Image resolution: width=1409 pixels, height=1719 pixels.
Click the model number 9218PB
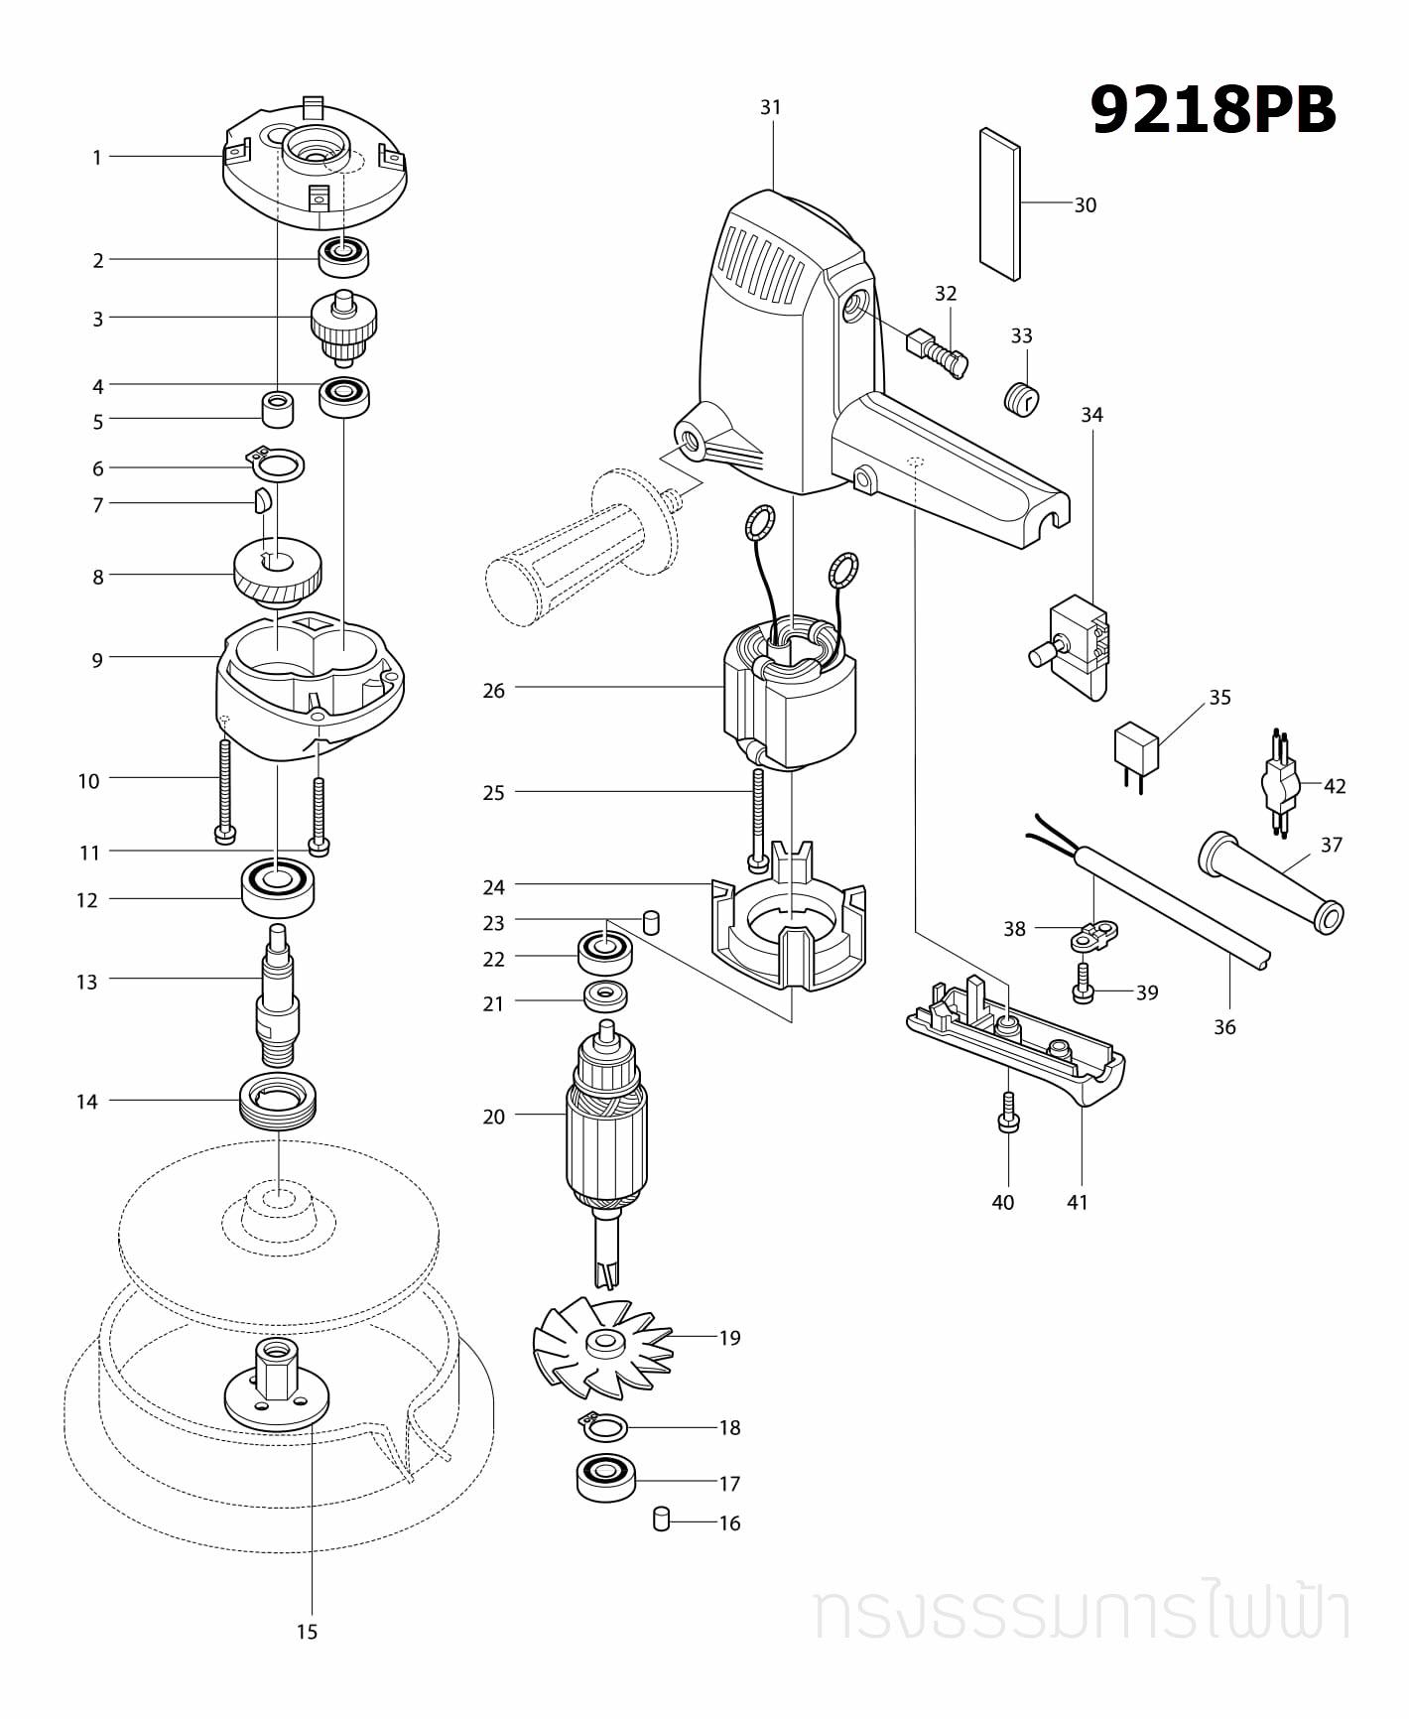pos(1213,110)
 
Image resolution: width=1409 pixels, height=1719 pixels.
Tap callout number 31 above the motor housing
pos(771,107)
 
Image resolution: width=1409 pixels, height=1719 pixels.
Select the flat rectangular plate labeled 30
pos(999,203)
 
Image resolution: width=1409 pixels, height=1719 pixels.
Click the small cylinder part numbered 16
pos(663,1519)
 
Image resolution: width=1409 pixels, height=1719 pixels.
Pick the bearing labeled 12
pos(278,886)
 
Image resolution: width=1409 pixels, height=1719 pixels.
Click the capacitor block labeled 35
pos(1136,746)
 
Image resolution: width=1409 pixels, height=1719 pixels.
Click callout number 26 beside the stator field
pos(493,691)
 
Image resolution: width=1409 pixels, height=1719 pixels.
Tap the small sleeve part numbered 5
pos(279,409)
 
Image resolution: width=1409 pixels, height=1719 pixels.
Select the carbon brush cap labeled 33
pos(1019,399)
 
